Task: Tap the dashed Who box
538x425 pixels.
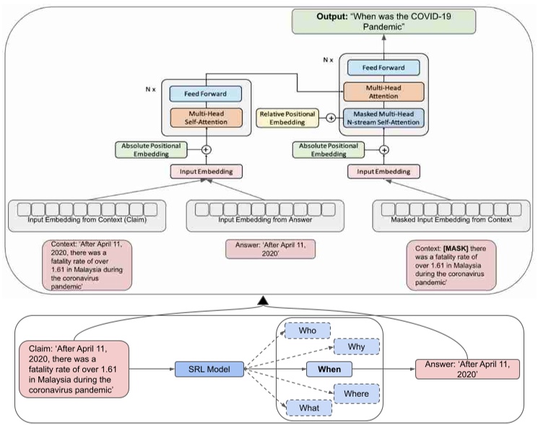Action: pyautogui.click(x=307, y=330)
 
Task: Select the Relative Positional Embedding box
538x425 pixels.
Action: pyautogui.click(x=290, y=118)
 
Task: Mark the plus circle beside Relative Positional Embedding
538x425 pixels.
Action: pyautogui.click(x=331, y=118)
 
